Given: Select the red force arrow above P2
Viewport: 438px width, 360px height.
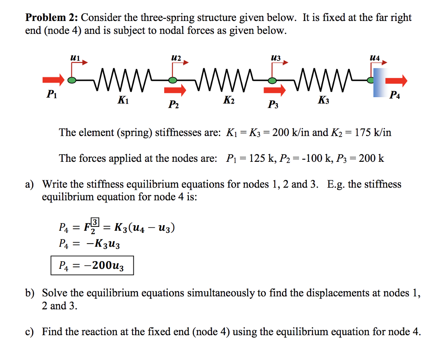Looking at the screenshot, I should (175, 90).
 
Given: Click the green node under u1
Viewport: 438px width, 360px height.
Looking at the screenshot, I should (73, 80).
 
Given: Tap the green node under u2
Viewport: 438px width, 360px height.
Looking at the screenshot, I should (172, 80).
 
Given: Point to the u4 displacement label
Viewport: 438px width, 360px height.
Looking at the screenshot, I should (375, 56).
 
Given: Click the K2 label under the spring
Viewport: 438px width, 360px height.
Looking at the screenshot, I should (229, 101).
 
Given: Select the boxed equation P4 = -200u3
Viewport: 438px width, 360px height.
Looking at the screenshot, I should (91, 266).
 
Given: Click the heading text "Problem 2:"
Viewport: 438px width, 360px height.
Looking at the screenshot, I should (51, 18).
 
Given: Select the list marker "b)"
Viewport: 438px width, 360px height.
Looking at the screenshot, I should (30, 293).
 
